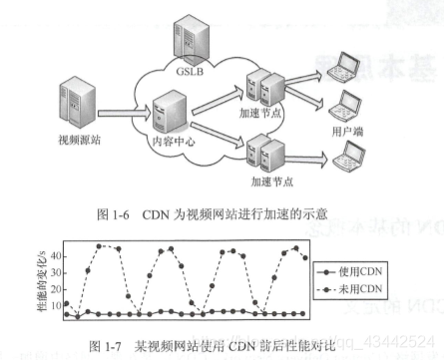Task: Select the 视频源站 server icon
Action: click(x=78, y=100)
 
